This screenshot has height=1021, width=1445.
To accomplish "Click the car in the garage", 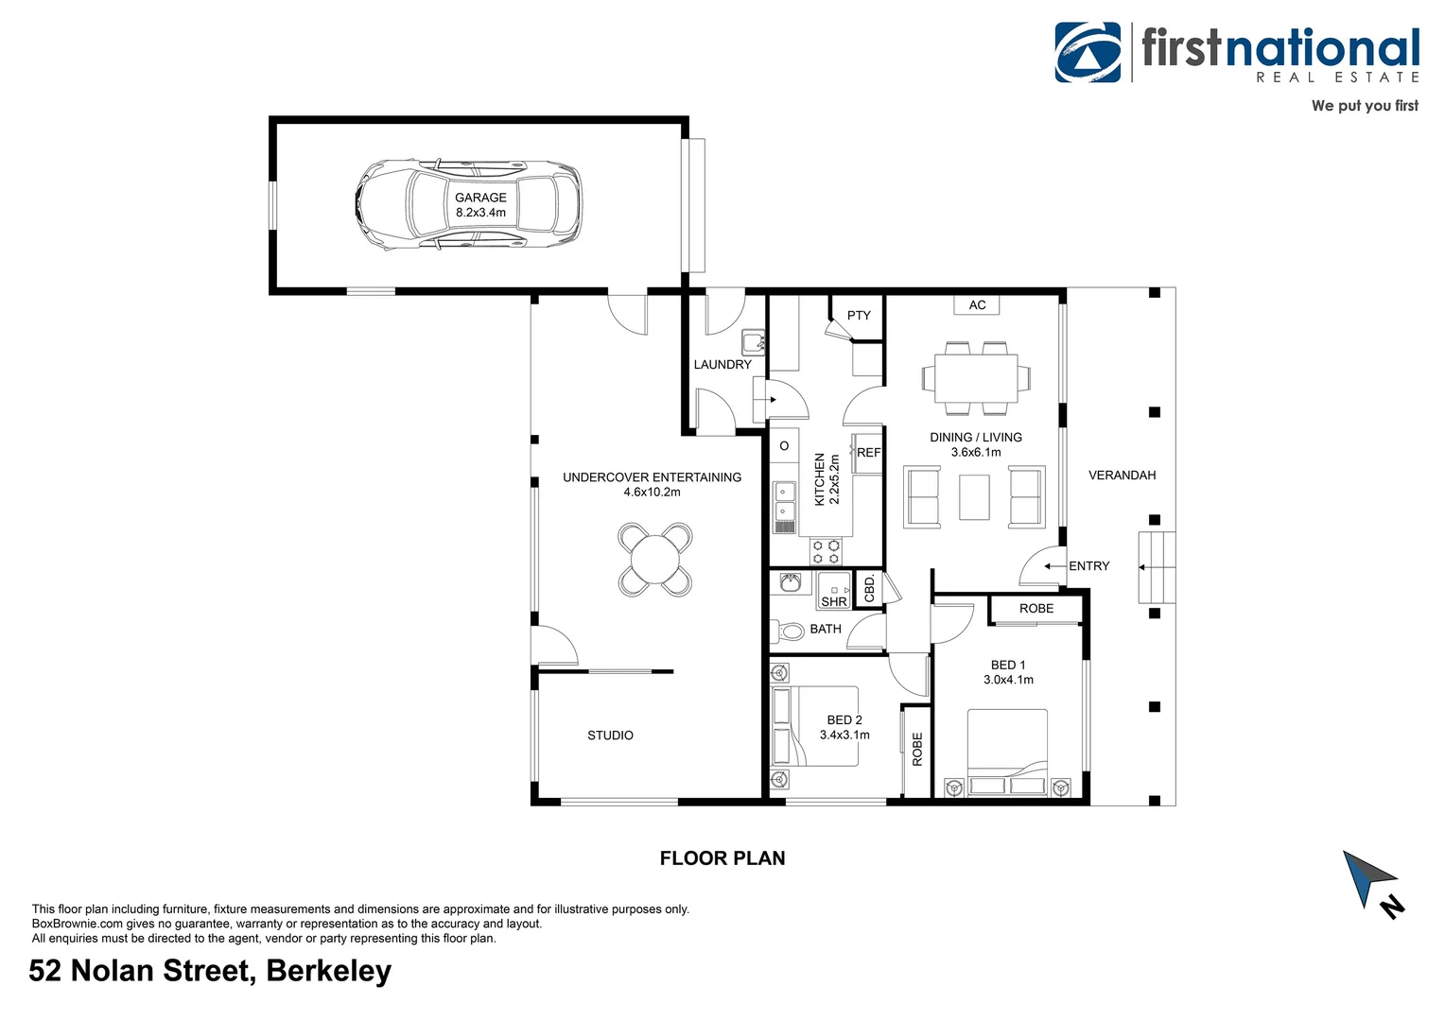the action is (467, 204).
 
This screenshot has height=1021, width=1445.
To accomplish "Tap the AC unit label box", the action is (977, 305).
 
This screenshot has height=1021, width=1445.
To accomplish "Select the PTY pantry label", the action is (859, 316).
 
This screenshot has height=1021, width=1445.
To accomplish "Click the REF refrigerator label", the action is (868, 453).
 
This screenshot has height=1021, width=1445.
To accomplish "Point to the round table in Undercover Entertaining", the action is (654, 560).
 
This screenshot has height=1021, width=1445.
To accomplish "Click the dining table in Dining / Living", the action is (976, 378).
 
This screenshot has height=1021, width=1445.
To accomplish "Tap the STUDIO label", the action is (610, 735).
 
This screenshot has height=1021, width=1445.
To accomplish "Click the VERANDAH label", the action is (1122, 476).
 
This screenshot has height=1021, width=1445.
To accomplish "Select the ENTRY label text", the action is (1088, 566).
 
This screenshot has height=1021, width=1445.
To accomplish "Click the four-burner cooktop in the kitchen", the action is (825, 551).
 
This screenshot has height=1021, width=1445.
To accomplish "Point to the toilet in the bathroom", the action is (789, 630).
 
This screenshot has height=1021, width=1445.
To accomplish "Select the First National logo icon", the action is (1088, 53).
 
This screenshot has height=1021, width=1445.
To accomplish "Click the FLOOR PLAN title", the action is (722, 858).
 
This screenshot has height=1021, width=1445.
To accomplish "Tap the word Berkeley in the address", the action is (328, 972).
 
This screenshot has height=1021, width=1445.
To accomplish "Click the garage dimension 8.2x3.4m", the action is (480, 213).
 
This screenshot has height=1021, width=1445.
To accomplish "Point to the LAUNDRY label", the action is (722, 365).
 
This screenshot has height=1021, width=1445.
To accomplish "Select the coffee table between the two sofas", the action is (974, 497).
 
